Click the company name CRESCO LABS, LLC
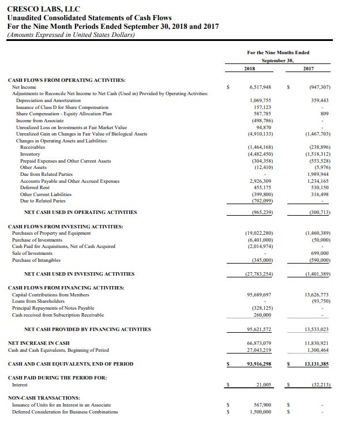pos(44,9)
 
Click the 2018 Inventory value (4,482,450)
pos(258,154)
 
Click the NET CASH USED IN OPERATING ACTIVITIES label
pos(81,212)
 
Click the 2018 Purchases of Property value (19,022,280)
pos(257,233)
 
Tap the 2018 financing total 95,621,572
pos(258,329)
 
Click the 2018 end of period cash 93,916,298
pos(258,364)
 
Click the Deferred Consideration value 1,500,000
pos(261,411)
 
